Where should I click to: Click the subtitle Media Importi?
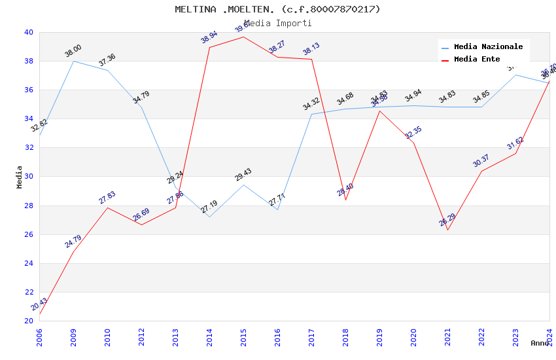(x=277, y=23)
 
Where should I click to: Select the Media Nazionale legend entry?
(x=488, y=46)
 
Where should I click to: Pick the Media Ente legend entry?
(x=477, y=59)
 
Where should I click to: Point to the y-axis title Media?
(x=19, y=177)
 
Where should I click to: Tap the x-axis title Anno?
(x=540, y=343)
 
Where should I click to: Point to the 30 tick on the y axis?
(x=29, y=177)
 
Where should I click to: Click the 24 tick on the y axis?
(x=29, y=263)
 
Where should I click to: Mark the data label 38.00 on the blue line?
(x=73, y=51)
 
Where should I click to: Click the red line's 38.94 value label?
(x=209, y=37)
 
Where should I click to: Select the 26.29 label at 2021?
(x=447, y=220)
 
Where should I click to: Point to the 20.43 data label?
(x=39, y=304)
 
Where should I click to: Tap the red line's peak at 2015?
(x=243, y=37)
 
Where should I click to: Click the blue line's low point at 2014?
(x=209, y=217)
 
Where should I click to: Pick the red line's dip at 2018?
(x=345, y=200)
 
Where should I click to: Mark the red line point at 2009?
(x=73, y=251)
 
